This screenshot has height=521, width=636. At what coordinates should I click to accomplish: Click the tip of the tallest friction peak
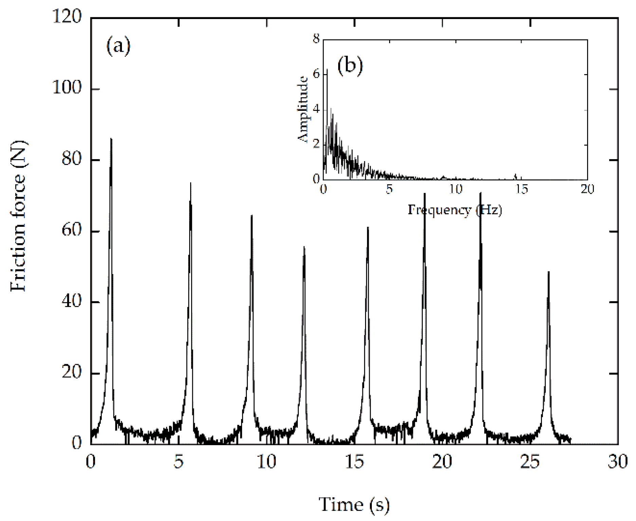(111, 139)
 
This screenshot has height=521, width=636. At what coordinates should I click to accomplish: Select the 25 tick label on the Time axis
(530, 462)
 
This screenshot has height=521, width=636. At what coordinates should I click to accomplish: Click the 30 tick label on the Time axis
(618, 462)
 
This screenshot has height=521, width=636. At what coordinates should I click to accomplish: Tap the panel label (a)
(118, 46)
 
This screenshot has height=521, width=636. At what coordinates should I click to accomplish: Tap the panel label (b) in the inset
(350, 65)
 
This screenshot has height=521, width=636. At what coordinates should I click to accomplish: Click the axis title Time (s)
(354, 504)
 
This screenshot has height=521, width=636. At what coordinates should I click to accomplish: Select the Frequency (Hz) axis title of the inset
(455, 210)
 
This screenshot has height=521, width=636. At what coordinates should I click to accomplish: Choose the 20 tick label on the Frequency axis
(587, 189)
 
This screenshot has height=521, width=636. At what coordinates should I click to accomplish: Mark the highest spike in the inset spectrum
(327, 69)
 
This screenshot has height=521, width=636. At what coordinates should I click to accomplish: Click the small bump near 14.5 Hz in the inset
(515, 175)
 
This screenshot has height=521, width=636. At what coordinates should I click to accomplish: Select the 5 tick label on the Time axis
(179, 462)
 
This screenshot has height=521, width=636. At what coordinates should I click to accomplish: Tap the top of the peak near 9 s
(252, 216)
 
